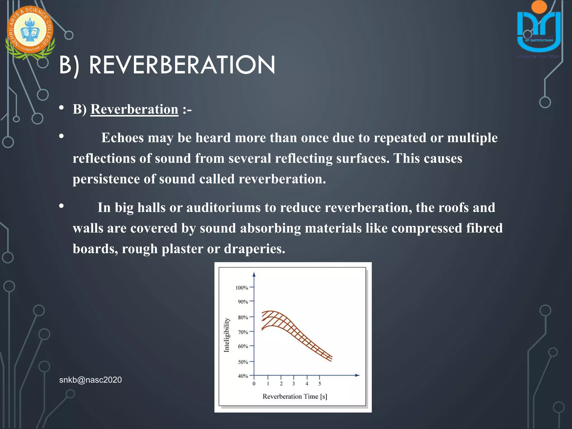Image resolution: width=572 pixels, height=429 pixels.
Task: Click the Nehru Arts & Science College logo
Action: (x=30, y=31)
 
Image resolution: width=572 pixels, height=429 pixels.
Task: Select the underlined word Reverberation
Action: (x=134, y=109)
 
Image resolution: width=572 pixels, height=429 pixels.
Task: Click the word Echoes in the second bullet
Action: (x=122, y=138)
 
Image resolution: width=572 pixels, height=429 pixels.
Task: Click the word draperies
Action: (x=254, y=249)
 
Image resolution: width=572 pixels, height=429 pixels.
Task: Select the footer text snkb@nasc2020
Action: (x=90, y=380)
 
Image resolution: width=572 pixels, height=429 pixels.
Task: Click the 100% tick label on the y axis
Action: (x=242, y=288)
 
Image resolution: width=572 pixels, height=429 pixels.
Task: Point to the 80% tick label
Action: (x=243, y=317)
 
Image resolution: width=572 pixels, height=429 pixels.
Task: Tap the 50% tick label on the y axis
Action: (x=243, y=362)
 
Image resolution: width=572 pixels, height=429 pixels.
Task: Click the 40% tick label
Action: (x=243, y=376)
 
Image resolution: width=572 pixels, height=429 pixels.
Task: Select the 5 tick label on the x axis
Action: (x=320, y=384)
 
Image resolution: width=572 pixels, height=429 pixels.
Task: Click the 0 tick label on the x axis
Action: (x=254, y=384)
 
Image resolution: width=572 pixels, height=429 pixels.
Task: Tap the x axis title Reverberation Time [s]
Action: (x=295, y=396)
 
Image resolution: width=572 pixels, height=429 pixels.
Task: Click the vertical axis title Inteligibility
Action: (x=227, y=335)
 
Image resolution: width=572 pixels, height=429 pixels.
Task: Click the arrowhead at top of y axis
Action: (x=254, y=275)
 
